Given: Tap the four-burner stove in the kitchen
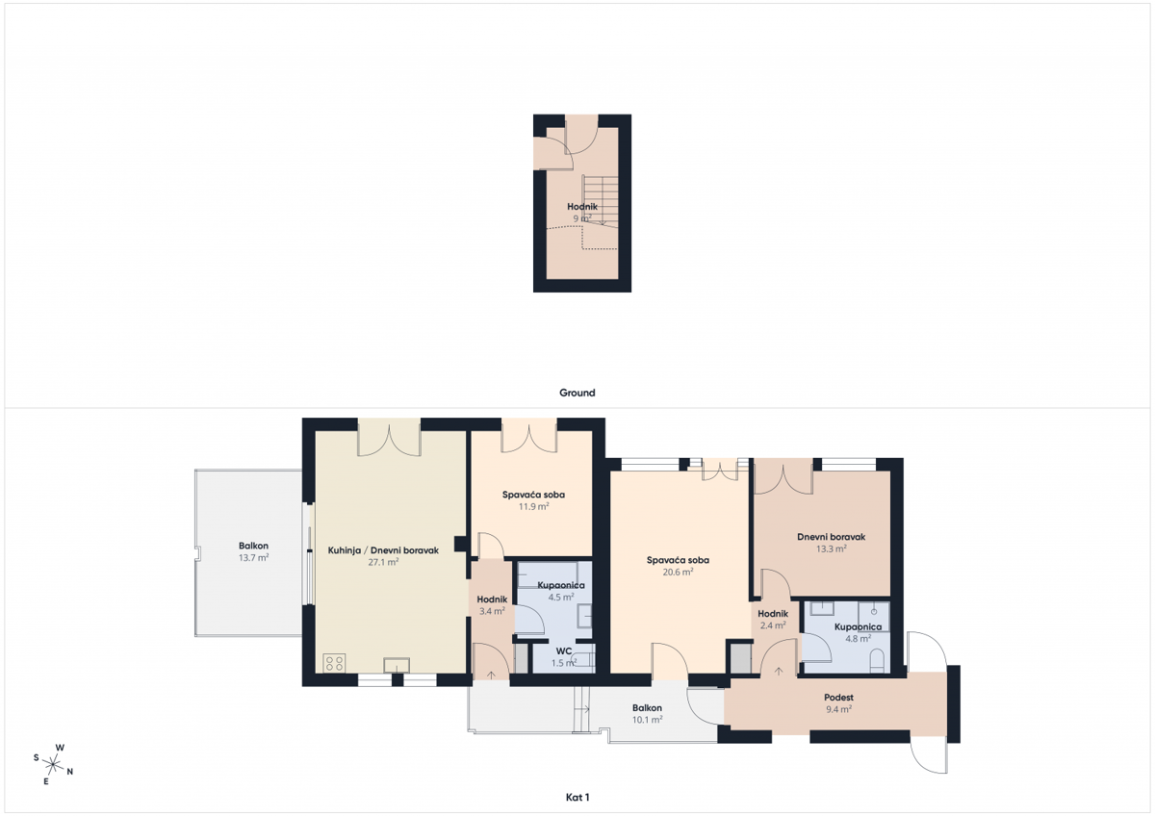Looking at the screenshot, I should coord(335,663).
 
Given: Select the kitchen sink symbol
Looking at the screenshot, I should coord(397,664).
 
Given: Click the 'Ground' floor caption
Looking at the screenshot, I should coord(577,393).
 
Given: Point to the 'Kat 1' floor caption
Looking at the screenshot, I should coord(577,797).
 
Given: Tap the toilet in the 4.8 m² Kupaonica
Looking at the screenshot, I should coord(877,660).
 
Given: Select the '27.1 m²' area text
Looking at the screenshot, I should coord(383,563).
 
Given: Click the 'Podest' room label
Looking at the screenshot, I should coord(839,697).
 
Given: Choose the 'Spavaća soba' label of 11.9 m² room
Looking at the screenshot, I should coord(533,495).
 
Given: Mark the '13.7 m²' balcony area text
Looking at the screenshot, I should coord(253,558).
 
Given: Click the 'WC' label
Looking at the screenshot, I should coord(564,651).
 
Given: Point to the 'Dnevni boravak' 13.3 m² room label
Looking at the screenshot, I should coord(832,537).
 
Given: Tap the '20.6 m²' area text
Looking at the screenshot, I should coord(679,572).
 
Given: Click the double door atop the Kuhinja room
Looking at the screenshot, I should coord(389,438).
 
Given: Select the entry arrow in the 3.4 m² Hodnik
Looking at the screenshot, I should coord(492,675).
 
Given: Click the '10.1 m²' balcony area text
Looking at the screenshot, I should coord(647,720).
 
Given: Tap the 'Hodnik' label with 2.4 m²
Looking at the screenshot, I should coord(773,614).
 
